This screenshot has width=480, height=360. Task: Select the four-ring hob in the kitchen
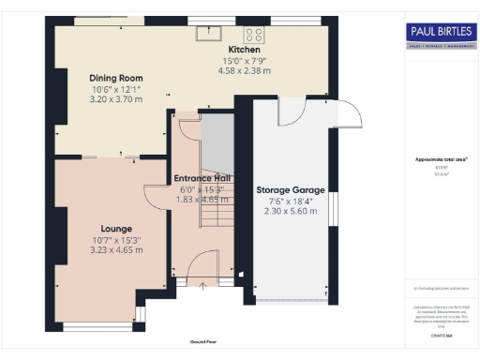(x=254, y=35)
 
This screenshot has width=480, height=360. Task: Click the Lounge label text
(x=116, y=229)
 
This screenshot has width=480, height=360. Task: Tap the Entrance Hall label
(x=202, y=178)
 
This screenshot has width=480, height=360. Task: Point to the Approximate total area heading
(x=439, y=159)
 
